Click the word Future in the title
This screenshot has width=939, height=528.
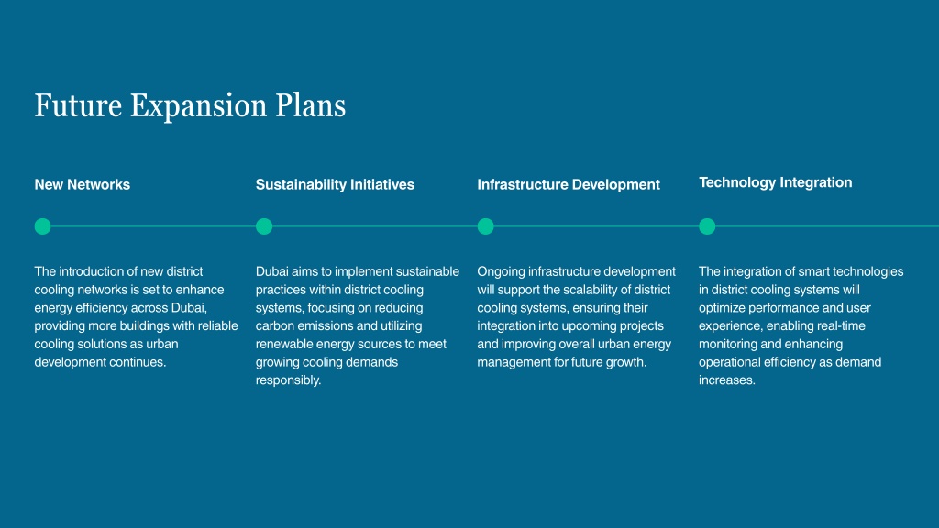tap(78, 105)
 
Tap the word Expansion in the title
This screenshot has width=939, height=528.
tap(198, 106)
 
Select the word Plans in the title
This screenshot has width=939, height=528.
tap(310, 105)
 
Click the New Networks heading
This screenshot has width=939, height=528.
tap(82, 184)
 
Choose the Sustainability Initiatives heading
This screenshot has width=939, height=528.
tap(335, 184)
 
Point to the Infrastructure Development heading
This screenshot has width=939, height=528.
tap(569, 184)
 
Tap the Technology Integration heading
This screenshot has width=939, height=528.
tap(776, 182)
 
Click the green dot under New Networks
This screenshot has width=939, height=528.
tap(42, 226)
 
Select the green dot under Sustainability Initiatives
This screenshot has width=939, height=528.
tap(264, 226)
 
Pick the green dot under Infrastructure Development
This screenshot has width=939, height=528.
tap(486, 226)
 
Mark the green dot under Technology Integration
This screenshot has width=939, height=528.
tap(707, 226)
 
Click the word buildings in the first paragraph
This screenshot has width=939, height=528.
tap(144, 326)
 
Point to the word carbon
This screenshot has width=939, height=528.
tap(275, 325)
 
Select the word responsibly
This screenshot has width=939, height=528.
tap(289, 380)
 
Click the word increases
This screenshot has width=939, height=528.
tap(727, 380)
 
